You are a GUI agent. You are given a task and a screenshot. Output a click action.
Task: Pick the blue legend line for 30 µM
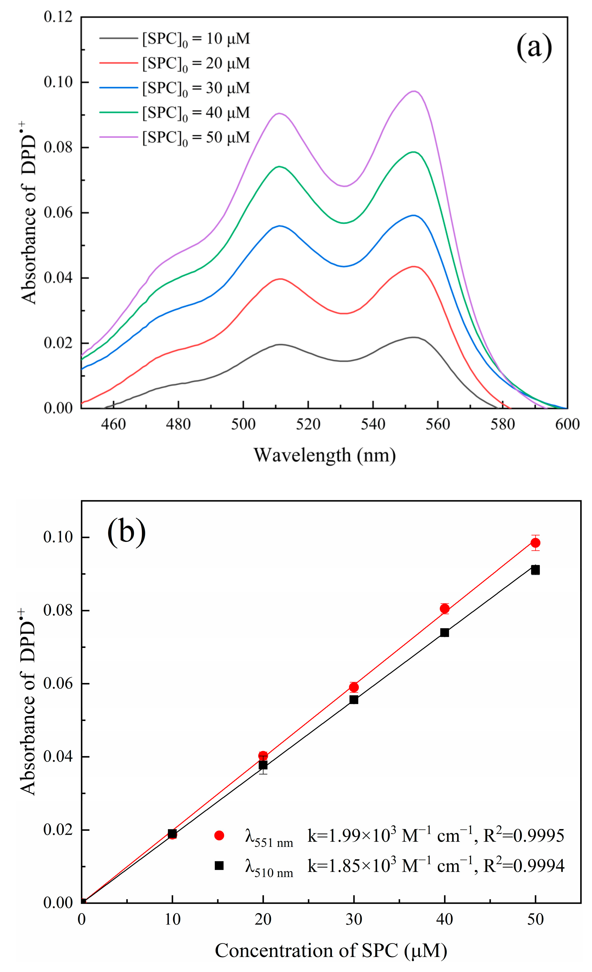118,87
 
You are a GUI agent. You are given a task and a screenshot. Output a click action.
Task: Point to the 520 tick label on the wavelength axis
308,424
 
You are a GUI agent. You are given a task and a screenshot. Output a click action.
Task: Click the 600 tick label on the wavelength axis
567,424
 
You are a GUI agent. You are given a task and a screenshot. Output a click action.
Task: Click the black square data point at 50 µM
535,570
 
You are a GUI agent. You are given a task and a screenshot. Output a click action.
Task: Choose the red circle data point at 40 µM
444,609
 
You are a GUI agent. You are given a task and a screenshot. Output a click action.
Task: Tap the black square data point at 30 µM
354,700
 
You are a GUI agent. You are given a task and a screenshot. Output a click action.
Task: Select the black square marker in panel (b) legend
219,866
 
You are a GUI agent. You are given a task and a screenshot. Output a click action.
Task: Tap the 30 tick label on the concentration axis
354,920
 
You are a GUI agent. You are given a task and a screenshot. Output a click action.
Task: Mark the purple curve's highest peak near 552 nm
413,91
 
